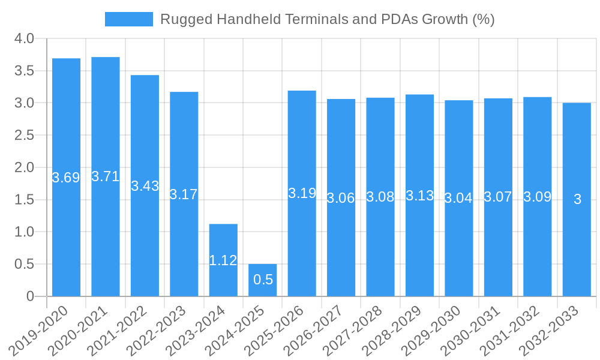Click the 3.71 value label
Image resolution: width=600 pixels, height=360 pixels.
[106, 176]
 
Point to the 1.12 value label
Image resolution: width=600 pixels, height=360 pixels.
[223, 260]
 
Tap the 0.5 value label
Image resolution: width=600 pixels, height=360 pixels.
[263, 280]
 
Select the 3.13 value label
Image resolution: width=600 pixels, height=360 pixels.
[419, 196]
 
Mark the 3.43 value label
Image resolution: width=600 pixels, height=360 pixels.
[145, 186]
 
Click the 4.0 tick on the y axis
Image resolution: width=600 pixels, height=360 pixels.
[24, 39]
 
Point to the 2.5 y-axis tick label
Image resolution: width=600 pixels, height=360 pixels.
[24, 136]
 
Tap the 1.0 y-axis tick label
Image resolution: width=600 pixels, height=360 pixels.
[24, 232]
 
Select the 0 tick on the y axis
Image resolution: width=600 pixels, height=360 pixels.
[31, 296]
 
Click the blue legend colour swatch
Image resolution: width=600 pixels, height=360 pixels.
[128, 19]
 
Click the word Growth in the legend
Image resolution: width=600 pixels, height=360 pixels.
[445, 19]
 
